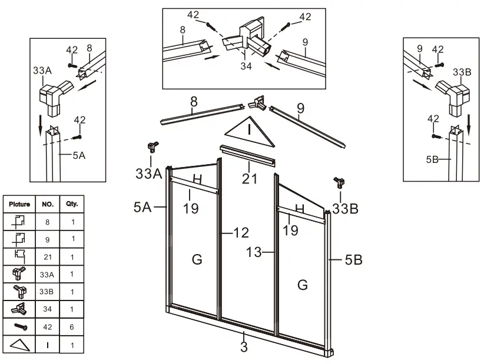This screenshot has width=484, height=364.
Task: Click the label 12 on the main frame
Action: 241,232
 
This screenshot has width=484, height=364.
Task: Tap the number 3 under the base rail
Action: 244,346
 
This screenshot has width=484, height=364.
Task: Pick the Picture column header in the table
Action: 19,204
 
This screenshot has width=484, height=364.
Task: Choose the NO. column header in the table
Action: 48,204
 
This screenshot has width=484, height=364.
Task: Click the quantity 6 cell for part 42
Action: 72,325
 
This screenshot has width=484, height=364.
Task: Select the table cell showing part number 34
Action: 48,308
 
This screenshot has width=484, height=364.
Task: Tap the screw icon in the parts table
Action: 19,325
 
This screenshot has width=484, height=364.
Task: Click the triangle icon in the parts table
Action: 19,344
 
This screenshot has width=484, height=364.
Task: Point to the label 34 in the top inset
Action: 246,66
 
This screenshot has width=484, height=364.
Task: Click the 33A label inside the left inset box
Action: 42,70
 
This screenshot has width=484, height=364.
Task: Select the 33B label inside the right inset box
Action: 462,72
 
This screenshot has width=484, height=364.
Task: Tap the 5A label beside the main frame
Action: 142,207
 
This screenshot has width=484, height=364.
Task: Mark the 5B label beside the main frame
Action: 353,259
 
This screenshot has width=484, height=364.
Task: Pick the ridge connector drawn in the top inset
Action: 250,38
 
